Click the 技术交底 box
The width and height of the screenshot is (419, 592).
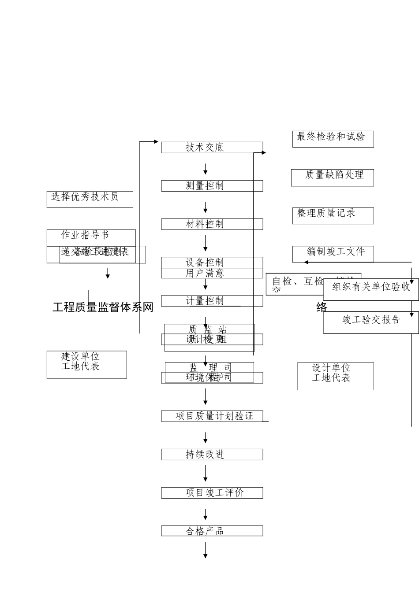click(x=212, y=148)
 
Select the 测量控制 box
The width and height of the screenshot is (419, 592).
click(x=212, y=186)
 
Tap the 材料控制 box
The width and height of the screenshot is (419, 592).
click(x=212, y=224)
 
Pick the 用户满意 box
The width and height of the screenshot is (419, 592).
click(x=212, y=274)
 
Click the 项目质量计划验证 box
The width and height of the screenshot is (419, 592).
click(x=212, y=416)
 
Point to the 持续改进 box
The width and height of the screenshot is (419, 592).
click(x=212, y=455)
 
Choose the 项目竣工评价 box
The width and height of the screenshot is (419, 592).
click(x=212, y=493)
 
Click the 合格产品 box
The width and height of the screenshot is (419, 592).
click(x=212, y=531)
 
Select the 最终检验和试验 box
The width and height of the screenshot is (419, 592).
click(x=333, y=139)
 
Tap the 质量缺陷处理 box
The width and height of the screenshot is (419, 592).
click(x=332, y=178)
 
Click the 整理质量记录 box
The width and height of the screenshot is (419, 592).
click(x=333, y=216)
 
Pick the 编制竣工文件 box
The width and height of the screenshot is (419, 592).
click(x=333, y=254)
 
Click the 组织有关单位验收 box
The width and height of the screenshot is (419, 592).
click(x=371, y=289)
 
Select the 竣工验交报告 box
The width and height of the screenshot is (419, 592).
click(x=371, y=322)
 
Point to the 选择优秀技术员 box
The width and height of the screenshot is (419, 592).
click(x=90, y=199)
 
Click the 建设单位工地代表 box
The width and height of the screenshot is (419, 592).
click(x=86, y=364)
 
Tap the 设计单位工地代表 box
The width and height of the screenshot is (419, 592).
click(x=335, y=376)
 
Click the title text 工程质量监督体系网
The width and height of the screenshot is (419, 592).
click(x=103, y=307)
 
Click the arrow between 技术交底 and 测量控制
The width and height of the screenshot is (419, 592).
click(x=206, y=169)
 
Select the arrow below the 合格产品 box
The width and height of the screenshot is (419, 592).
click(x=206, y=550)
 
